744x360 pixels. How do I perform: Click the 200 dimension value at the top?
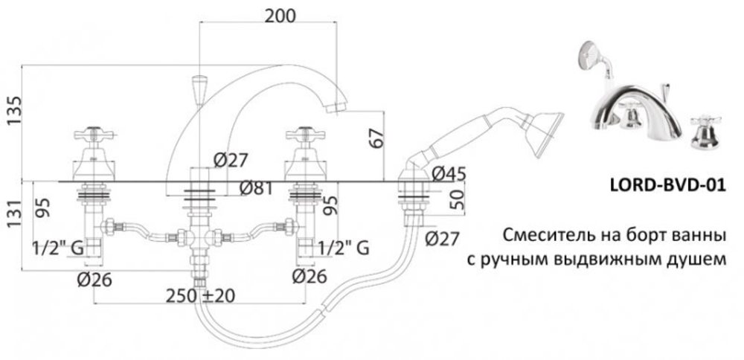coord(280,16)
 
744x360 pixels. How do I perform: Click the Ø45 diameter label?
coord(448,173)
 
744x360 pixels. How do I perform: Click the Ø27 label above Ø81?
coord(229,160)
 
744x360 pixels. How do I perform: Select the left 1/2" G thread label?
coord(57,248)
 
